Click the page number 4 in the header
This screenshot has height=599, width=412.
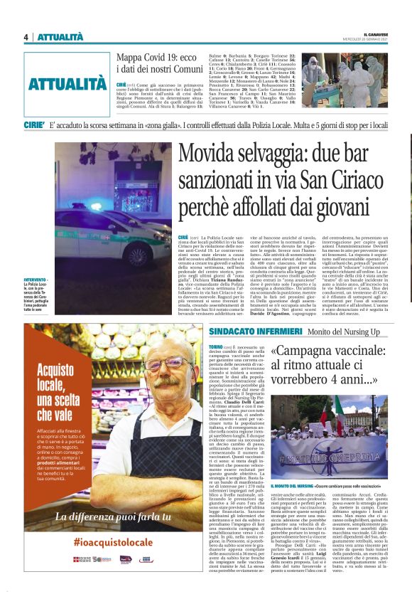[26, 37]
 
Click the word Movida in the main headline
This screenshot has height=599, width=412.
[213, 155]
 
